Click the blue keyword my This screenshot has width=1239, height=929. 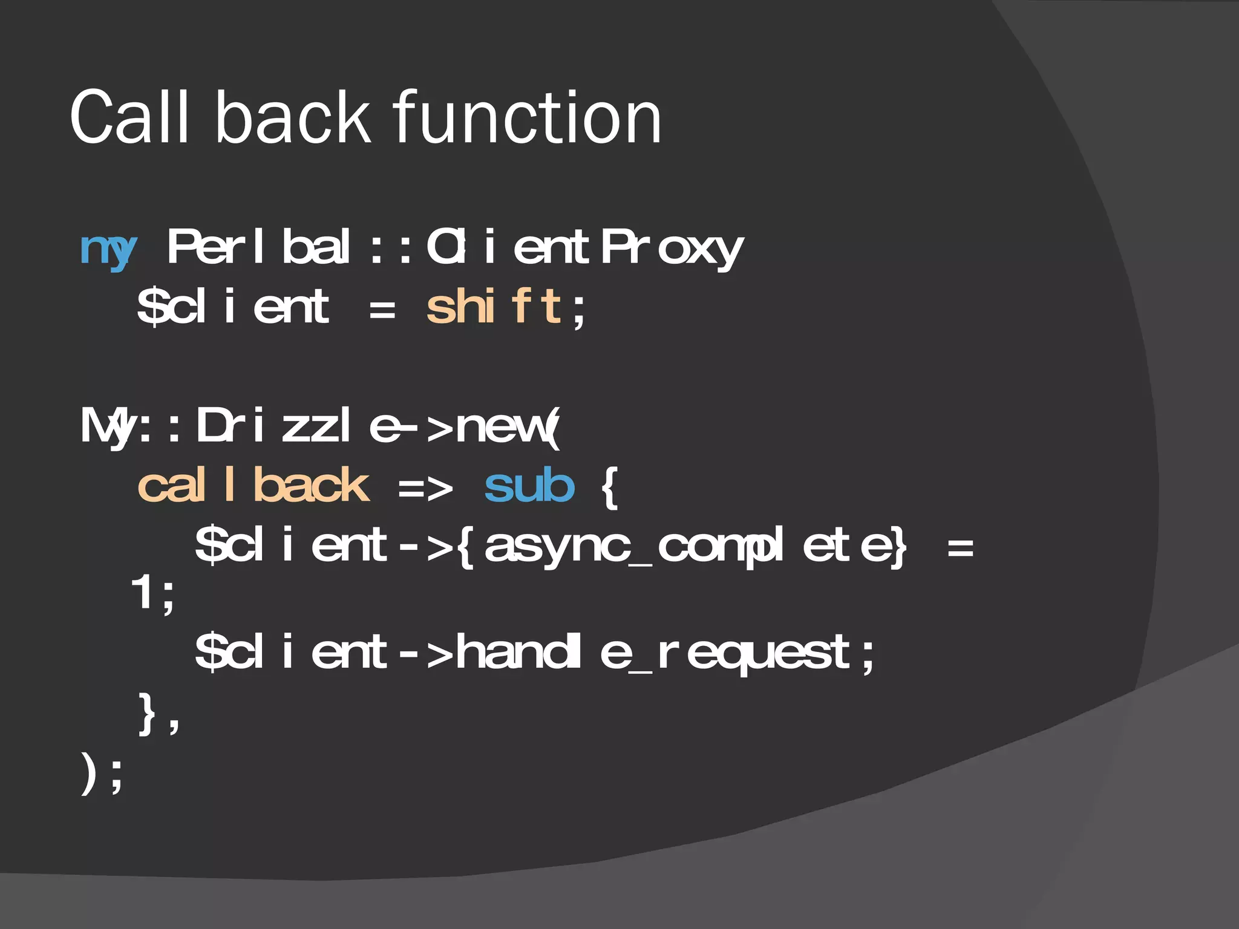[x=108, y=249]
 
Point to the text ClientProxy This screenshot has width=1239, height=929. [x=584, y=248]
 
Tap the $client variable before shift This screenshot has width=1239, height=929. [x=233, y=307]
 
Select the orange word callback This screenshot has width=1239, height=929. [x=253, y=485]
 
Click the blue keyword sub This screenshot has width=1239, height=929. [x=529, y=486]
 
